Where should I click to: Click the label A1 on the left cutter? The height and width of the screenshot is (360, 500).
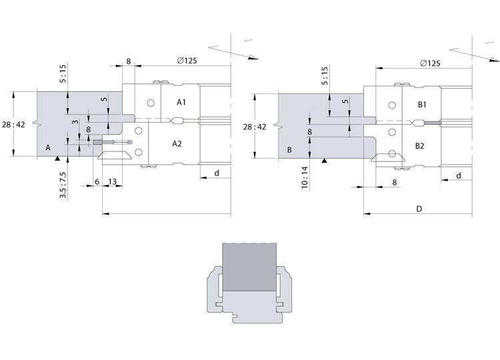[181, 103]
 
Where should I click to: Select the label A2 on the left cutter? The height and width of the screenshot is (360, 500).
[177, 144]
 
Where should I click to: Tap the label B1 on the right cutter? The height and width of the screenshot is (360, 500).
[422, 105]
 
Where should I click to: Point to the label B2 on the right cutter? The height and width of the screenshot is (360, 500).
[419, 146]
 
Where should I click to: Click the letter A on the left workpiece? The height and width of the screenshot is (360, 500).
[48, 147]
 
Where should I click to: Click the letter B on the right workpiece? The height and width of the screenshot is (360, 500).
[289, 150]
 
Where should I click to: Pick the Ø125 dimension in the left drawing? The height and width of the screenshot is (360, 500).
[187, 61]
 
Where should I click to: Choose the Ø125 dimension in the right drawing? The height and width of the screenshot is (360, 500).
[430, 63]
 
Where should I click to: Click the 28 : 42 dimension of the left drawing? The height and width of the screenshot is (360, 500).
[13, 125]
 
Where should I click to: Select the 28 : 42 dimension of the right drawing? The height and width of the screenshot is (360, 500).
[255, 127]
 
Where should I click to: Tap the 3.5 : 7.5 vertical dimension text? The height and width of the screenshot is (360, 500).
[63, 185]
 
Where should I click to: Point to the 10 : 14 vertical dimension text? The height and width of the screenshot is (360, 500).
[305, 177]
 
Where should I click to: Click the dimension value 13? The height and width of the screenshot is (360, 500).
[112, 182]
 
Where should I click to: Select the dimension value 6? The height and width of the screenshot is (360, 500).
[97, 182]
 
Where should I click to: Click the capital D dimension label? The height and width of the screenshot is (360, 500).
[419, 209]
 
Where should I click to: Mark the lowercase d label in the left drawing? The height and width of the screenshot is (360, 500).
[217, 173]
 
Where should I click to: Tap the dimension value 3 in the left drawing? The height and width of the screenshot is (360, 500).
[75, 122]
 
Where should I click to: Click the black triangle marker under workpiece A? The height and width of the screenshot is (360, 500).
[57, 158]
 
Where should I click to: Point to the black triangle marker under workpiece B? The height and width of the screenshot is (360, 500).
[324, 161]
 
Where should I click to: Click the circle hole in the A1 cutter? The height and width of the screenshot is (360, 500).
[151, 103]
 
